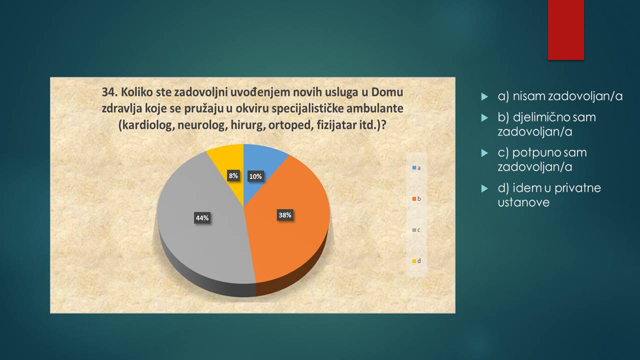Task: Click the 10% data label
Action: click(255, 176)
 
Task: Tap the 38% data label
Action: click(285, 215)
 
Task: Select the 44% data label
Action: click(202, 218)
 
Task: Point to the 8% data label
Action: click(233, 175)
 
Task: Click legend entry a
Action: click(416, 168)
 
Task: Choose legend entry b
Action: click(416, 199)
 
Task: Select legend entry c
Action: click(416, 230)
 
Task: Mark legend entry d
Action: click(416, 261)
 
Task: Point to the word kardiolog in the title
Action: click(146, 125)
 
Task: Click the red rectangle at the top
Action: click(565, 30)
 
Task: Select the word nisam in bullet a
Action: click(529, 96)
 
